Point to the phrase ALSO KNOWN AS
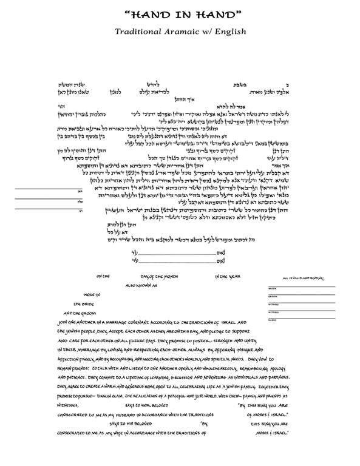click(141, 284)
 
